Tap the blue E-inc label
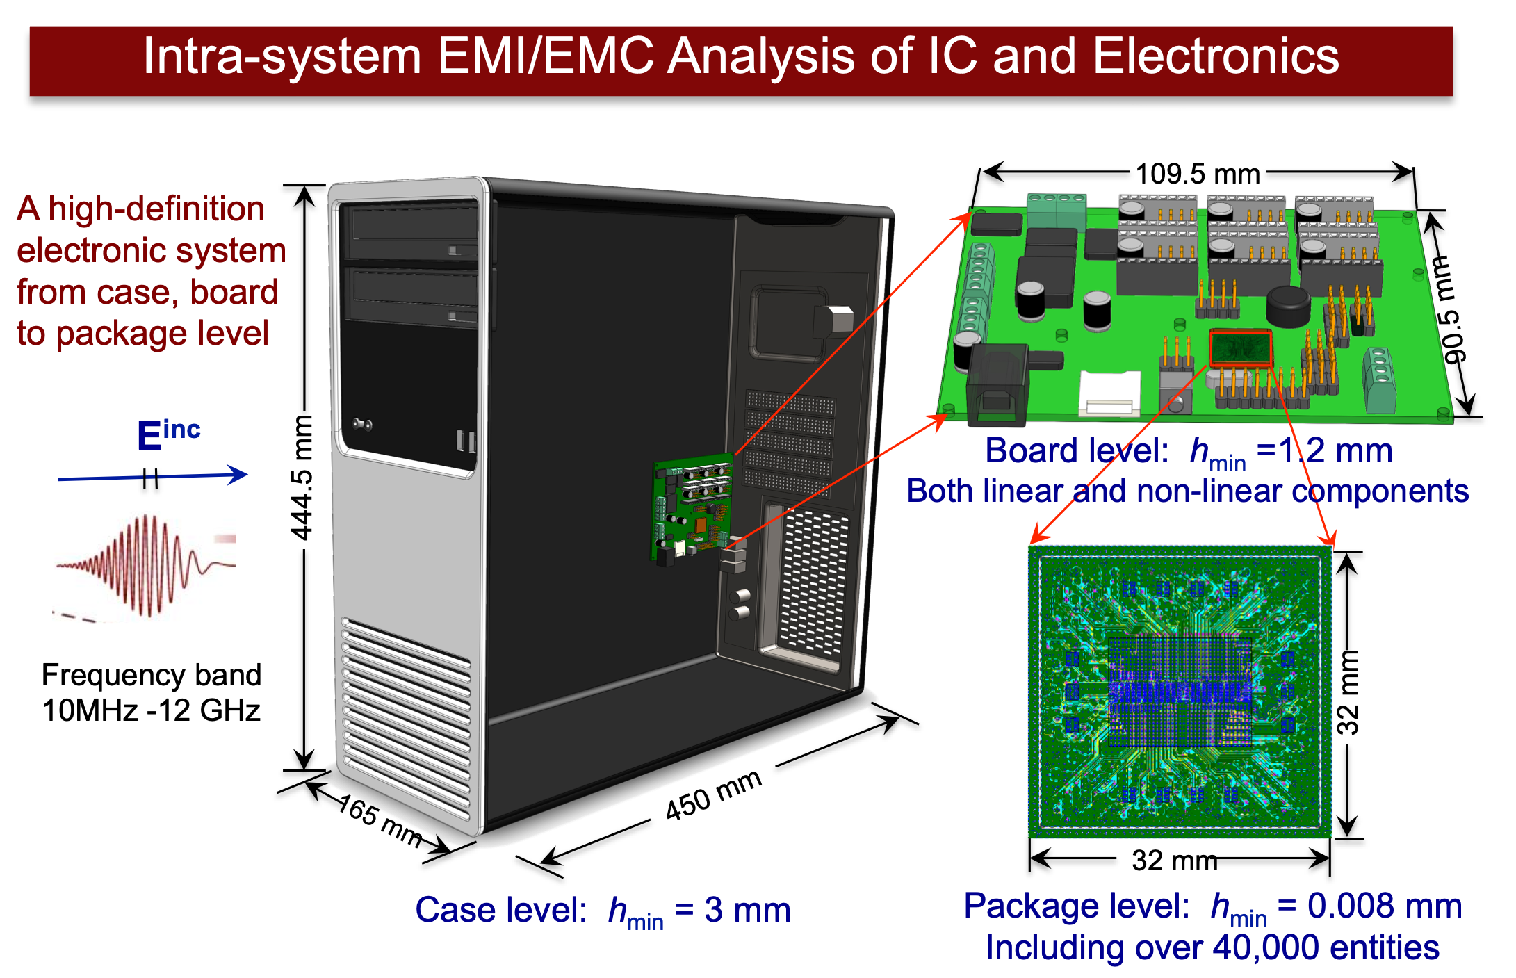[168, 435]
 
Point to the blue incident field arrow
[153, 477]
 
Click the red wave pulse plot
[144, 567]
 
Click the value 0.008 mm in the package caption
[1384, 906]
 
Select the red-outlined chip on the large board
[1241, 348]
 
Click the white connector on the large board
[1109, 393]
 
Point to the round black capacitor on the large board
[1288, 307]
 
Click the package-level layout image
[1180, 692]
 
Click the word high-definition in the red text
[156, 209]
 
